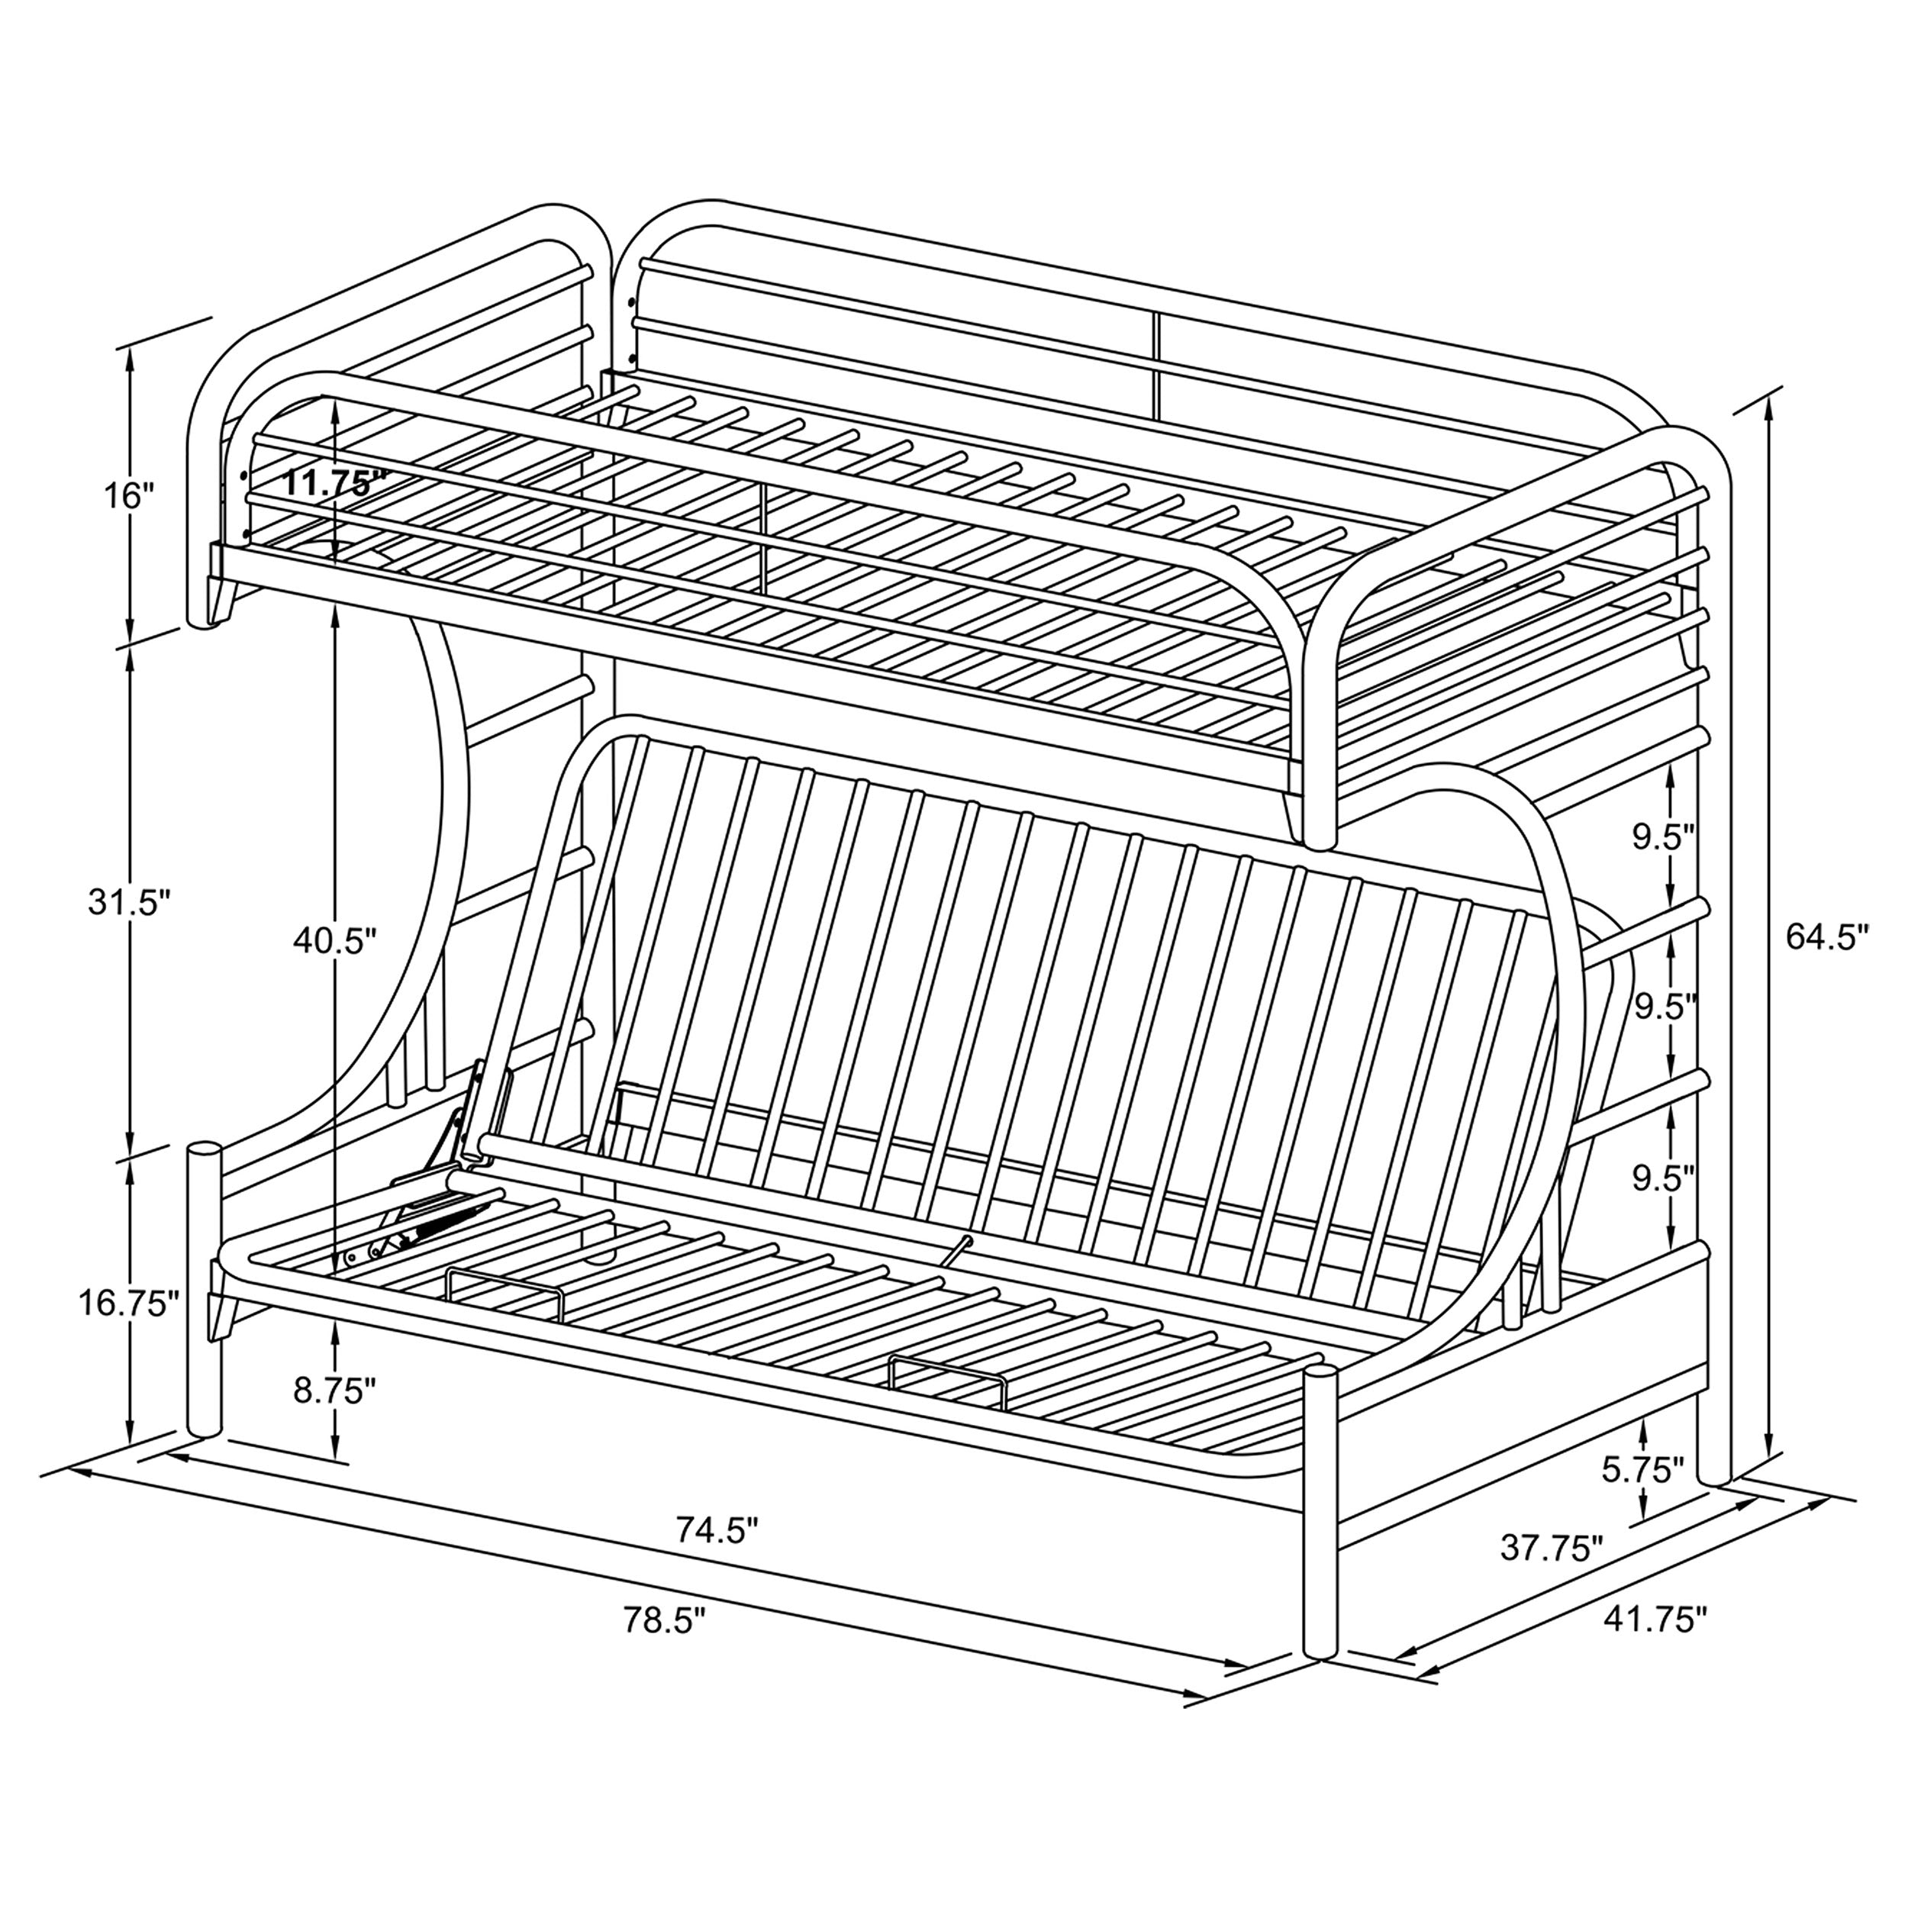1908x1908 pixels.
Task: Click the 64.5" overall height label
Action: pos(1826,936)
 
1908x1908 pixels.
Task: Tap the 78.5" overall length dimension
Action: pos(665,1620)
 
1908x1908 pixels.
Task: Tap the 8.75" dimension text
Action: pos(335,1391)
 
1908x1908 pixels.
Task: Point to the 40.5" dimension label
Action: pos(335,941)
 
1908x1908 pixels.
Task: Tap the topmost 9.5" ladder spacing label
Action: pos(1663,836)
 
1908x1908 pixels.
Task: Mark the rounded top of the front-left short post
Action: pos(205,1152)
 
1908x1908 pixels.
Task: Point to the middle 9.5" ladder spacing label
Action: pos(1663,1007)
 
